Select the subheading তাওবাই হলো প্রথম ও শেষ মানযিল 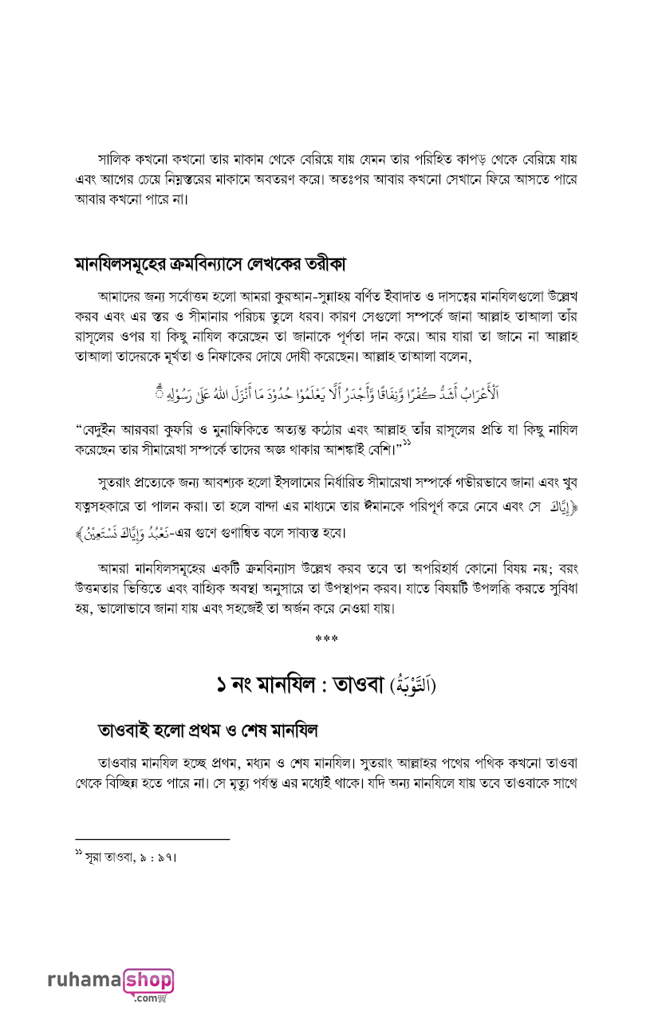pos(207,729)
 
